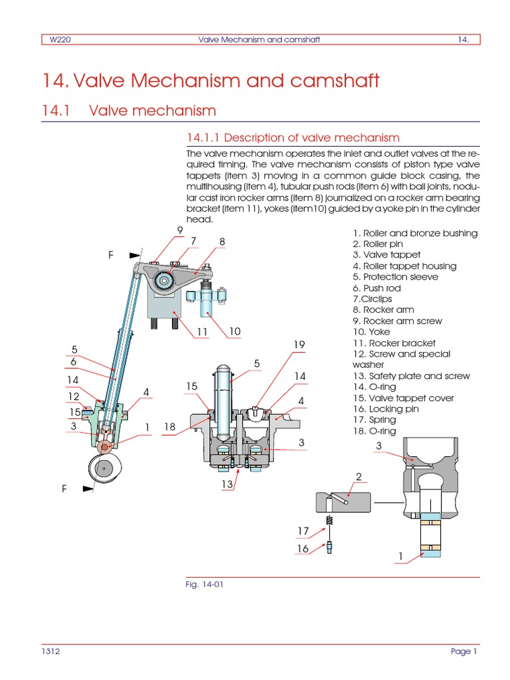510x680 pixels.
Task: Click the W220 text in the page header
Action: tap(61, 39)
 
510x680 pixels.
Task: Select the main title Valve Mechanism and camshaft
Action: tap(211, 81)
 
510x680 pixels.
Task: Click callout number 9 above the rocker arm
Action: tap(179, 230)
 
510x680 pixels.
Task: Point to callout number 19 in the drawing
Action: tap(299, 344)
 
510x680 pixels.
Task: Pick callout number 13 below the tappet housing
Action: tap(228, 484)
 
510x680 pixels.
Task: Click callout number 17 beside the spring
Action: tap(303, 531)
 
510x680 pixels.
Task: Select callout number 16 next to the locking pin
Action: tap(303, 549)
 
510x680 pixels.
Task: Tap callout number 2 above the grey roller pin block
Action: tap(359, 477)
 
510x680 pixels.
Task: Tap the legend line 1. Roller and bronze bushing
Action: tap(415, 233)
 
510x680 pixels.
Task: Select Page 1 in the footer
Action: tap(464, 651)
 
